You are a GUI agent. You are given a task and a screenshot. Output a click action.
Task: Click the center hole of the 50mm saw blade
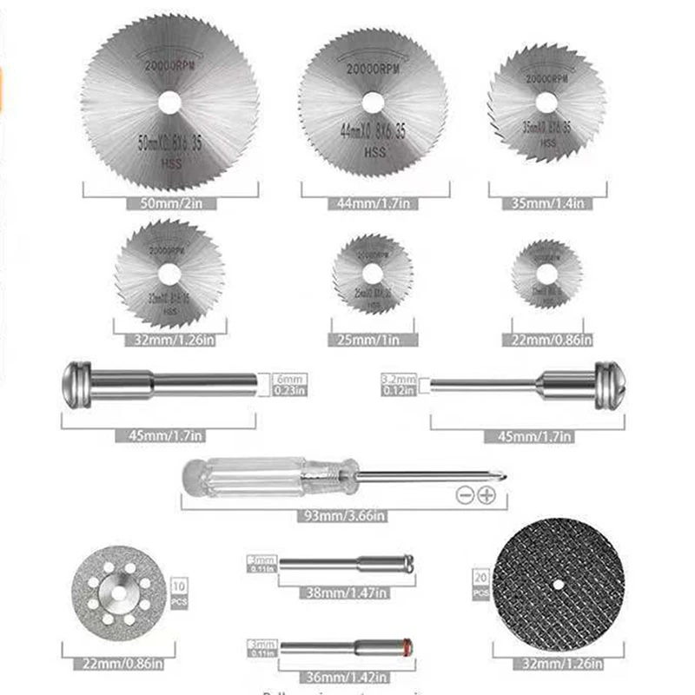[x=170, y=102]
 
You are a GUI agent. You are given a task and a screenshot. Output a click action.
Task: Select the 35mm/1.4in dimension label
[x=547, y=204]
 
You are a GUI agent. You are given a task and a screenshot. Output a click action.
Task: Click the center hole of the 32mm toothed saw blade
[x=169, y=273]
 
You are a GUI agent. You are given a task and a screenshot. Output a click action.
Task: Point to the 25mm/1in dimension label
[x=372, y=341]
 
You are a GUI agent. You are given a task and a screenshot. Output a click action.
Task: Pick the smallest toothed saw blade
[x=546, y=274]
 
